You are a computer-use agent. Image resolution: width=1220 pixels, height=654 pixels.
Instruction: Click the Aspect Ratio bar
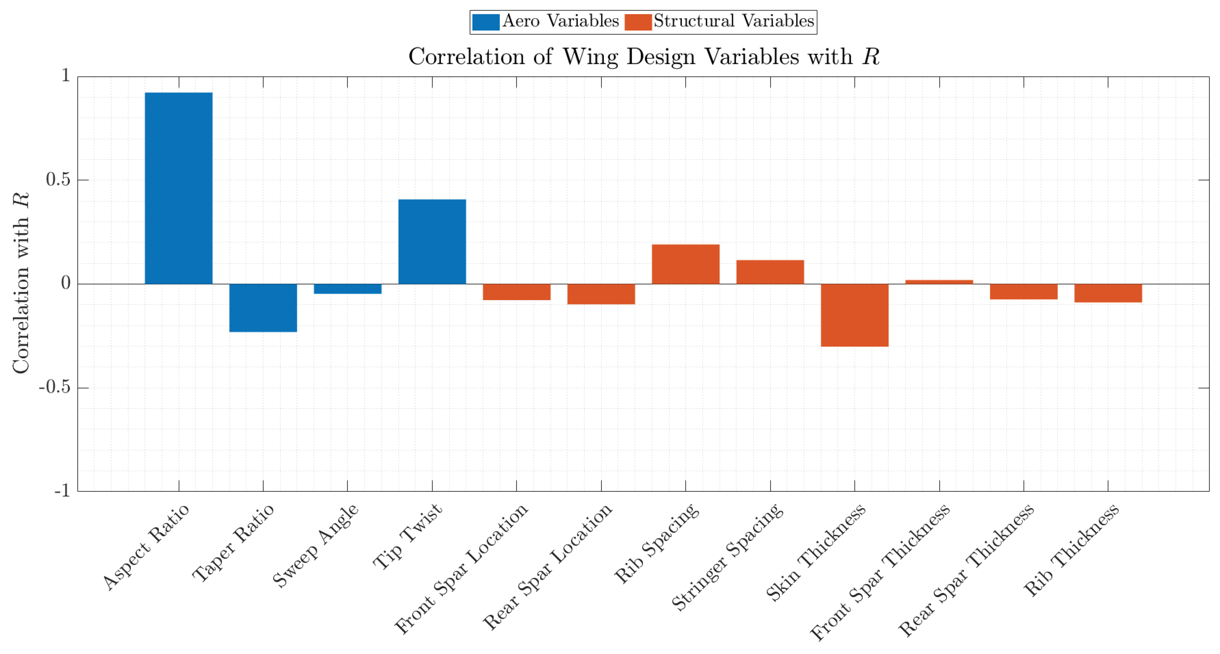point(179,188)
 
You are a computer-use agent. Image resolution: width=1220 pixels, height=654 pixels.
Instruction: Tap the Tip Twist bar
point(432,241)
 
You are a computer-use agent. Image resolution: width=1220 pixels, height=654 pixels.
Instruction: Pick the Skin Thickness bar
point(854,315)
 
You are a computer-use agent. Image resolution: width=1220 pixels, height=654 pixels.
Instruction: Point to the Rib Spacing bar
point(685,264)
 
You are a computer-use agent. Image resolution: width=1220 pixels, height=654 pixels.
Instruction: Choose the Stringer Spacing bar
point(770,272)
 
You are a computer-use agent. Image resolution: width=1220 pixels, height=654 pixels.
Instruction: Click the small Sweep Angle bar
point(348,289)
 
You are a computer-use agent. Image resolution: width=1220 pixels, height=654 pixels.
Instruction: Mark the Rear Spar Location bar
point(601,294)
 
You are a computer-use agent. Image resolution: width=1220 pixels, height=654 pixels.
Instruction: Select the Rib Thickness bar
point(1108,293)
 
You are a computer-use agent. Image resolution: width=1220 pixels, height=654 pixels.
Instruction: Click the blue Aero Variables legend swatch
point(485,22)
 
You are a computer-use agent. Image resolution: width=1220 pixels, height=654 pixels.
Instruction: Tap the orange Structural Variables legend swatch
point(638,22)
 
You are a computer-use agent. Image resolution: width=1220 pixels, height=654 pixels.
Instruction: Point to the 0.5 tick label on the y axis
point(58,180)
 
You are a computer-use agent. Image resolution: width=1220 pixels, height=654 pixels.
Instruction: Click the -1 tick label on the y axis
point(62,491)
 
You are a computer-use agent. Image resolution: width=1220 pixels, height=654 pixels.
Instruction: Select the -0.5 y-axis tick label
point(55,387)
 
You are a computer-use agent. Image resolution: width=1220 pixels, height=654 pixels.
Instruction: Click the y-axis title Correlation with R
point(21,283)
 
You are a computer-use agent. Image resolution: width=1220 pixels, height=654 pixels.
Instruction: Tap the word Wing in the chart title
point(590,57)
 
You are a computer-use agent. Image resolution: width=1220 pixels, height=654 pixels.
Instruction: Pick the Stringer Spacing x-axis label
point(728,556)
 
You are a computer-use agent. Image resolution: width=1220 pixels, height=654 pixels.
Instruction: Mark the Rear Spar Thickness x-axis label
point(967,569)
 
